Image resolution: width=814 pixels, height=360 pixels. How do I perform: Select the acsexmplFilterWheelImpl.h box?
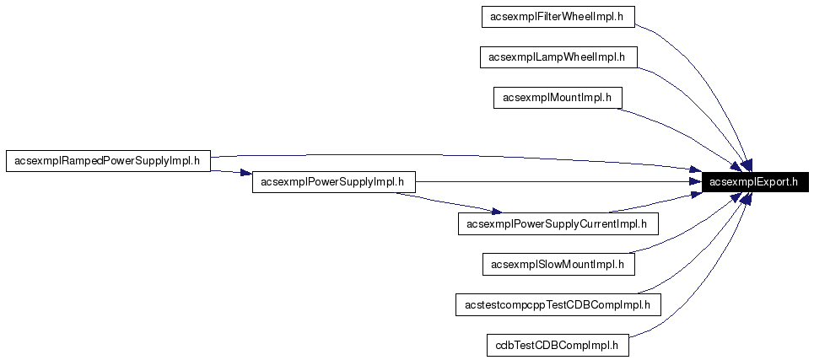tap(557, 16)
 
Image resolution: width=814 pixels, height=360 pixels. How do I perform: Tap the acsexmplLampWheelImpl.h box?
tap(557, 57)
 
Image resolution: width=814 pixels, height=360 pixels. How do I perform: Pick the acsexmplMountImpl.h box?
tap(557, 98)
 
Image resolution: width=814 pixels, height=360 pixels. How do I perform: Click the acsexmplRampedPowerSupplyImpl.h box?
tap(108, 161)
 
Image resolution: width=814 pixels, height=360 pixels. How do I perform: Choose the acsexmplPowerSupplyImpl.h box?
tap(333, 181)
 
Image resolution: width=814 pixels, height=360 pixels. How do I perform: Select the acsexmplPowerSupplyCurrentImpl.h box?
tap(557, 223)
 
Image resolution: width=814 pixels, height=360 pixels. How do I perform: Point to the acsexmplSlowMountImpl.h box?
tap(557, 264)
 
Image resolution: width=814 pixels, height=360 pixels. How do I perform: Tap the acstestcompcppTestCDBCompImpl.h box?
tap(557, 304)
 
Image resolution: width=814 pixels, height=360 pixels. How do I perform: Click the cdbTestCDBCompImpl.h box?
tap(557, 345)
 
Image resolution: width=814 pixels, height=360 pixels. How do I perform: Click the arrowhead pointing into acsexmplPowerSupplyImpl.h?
tap(245, 175)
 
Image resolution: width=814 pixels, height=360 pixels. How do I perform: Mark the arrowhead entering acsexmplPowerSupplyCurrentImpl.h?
tap(495, 211)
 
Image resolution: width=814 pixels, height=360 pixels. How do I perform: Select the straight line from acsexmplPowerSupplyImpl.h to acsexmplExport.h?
tap(548, 181)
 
